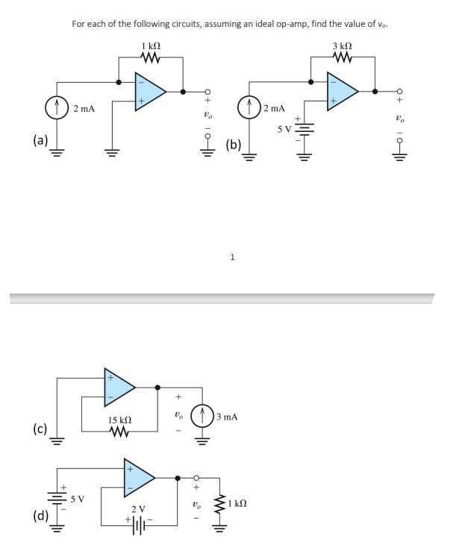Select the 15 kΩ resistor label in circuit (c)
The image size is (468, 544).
pos(121,420)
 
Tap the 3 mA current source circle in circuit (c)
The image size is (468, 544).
pos(203,417)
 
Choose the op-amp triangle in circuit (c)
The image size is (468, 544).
pos(119,386)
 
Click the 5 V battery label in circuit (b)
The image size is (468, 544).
pos(284,129)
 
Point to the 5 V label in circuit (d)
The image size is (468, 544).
pos(78,498)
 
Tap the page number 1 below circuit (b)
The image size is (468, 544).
pos(233,258)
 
